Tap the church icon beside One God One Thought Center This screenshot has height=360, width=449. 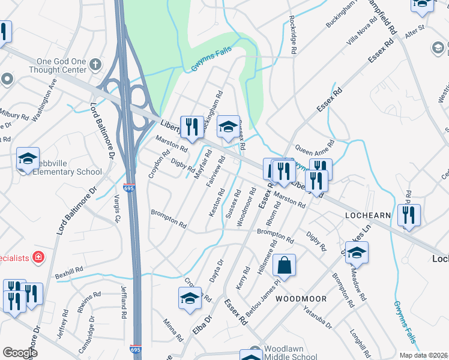click(x=95, y=64)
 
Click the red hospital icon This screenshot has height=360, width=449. click(x=39, y=257)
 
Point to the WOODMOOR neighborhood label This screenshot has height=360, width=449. click(x=301, y=298)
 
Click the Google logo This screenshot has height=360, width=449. click(x=20, y=353)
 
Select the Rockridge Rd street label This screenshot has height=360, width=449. click(x=293, y=35)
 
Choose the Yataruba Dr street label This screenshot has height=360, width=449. click(x=318, y=317)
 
